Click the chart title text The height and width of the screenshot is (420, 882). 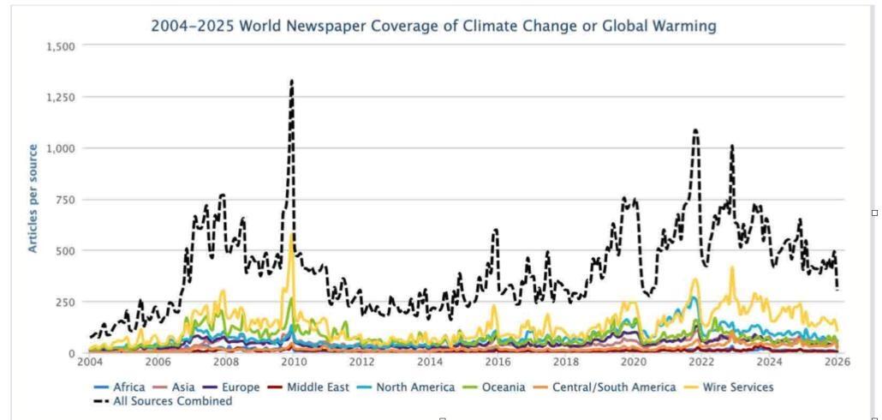point(433,26)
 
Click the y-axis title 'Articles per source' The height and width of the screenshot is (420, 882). point(33,199)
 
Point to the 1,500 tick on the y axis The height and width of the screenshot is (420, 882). point(59,45)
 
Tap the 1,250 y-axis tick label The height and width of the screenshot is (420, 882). point(59,97)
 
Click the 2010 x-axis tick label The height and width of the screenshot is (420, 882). point(293,363)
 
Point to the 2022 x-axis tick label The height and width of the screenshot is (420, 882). point(700,363)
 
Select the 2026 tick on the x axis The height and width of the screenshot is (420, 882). point(836,363)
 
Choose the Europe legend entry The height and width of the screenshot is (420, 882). point(234,387)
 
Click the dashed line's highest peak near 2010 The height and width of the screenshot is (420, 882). point(292,81)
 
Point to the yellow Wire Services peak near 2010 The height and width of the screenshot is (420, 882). point(292,235)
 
